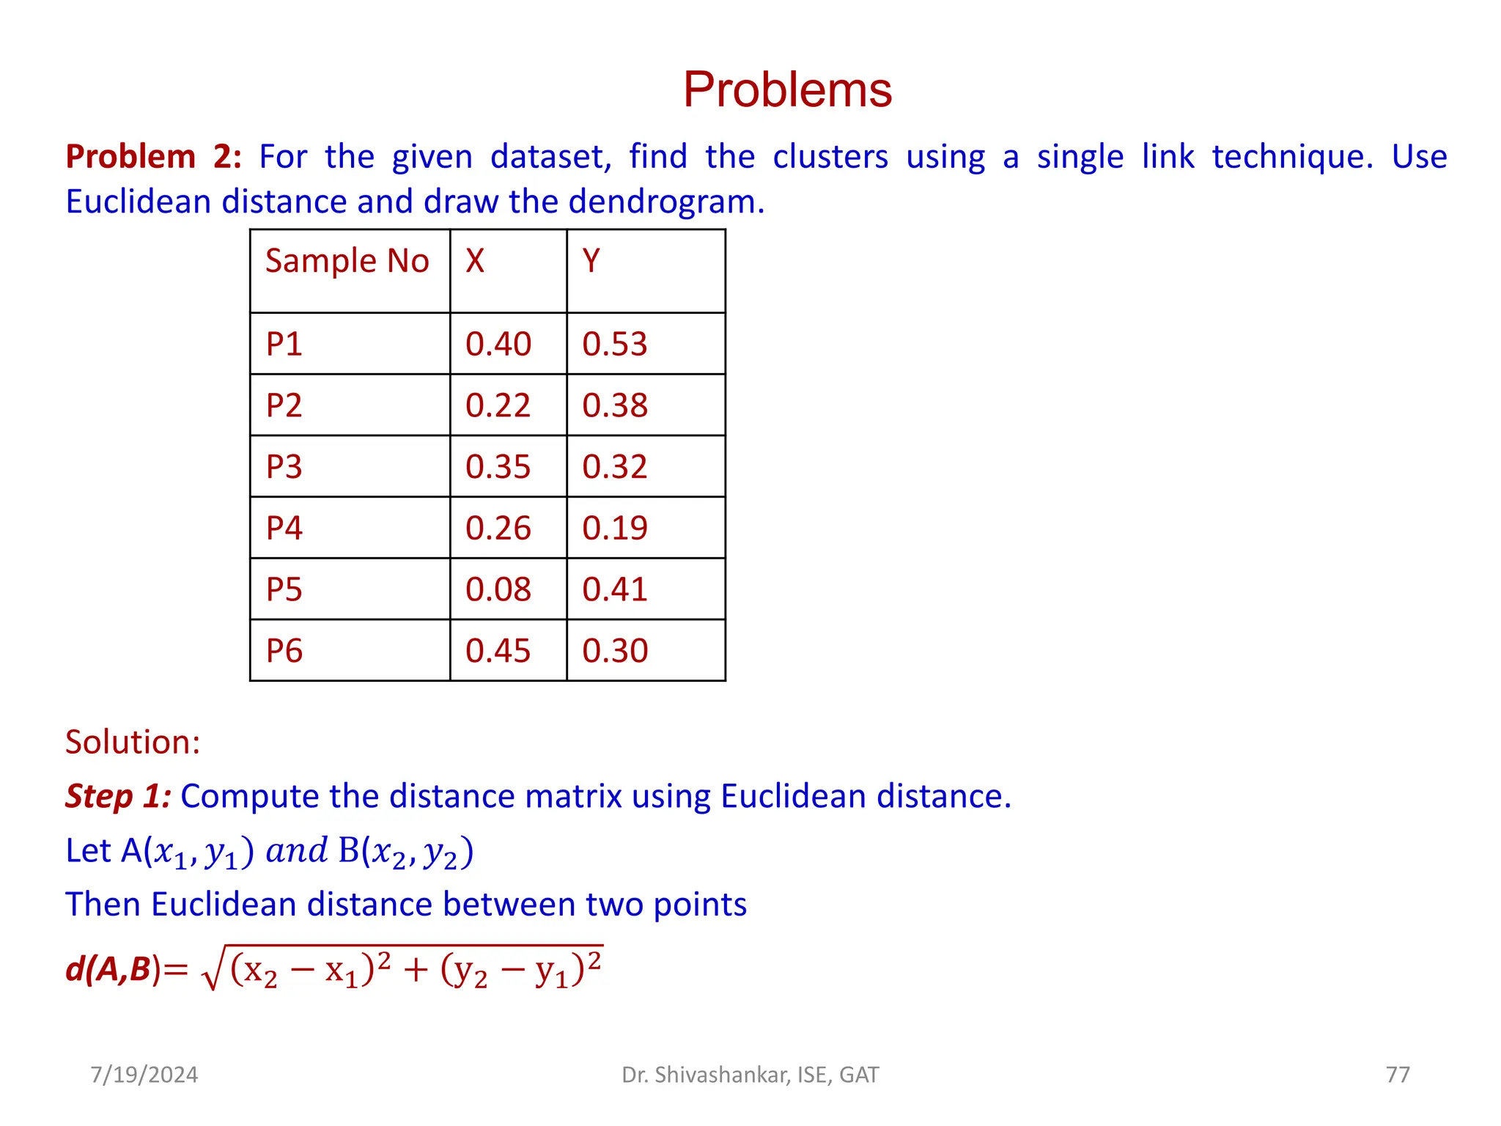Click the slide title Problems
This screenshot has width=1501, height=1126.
pyautogui.click(x=787, y=90)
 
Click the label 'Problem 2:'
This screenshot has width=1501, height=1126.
pyautogui.click(x=153, y=157)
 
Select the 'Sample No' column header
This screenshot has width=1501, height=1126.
pyautogui.click(x=347, y=261)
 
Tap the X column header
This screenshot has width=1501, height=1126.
pyautogui.click(x=475, y=261)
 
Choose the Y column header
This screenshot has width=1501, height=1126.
pyautogui.click(x=591, y=261)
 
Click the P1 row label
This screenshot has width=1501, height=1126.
pyautogui.click(x=284, y=344)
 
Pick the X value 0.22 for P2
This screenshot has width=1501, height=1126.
pyautogui.click(x=498, y=405)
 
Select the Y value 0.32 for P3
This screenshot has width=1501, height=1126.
pyautogui.click(x=615, y=467)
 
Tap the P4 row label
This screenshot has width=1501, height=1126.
pyautogui.click(x=284, y=529)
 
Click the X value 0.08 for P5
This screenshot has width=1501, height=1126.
pyautogui.click(x=498, y=589)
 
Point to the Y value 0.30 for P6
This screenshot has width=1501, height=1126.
pyautogui.click(x=615, y=651)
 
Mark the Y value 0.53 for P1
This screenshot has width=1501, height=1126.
pyautogui.click(x=615, y=344)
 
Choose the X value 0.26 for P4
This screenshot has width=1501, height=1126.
pyautogui.click(x=498, y=529)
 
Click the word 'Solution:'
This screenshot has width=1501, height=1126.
pyautogui.click(x=133, y=742)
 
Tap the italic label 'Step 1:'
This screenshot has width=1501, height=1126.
pyautogui.click(x=118, y=796)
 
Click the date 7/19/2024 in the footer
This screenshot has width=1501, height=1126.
pyautogui.click(x=144, y=1075)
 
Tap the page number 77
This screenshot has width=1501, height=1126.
pyautogui.click(x=1398, y=1075)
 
